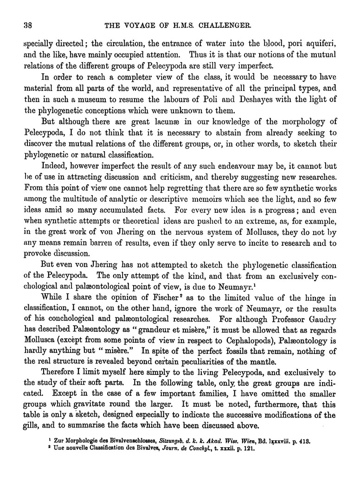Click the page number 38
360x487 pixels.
point(21,23)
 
